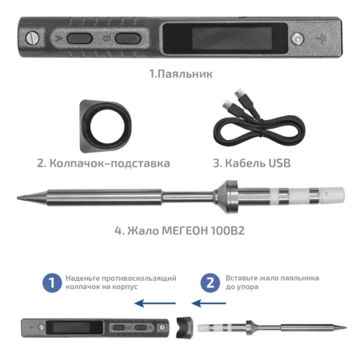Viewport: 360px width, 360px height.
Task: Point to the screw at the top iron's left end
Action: click(x=32, y=37)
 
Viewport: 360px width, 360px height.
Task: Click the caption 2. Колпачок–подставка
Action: click(x=103, y=162)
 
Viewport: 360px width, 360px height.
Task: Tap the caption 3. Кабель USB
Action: click(x=251, y=162)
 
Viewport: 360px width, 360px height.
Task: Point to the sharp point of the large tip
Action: click(x=22, y=196)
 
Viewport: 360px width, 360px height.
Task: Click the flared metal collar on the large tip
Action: click(x=230, y=196)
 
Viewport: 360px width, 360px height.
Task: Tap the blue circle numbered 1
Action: click(x=51, y=282)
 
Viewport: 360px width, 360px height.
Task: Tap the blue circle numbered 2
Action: click(x=210, y=282)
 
